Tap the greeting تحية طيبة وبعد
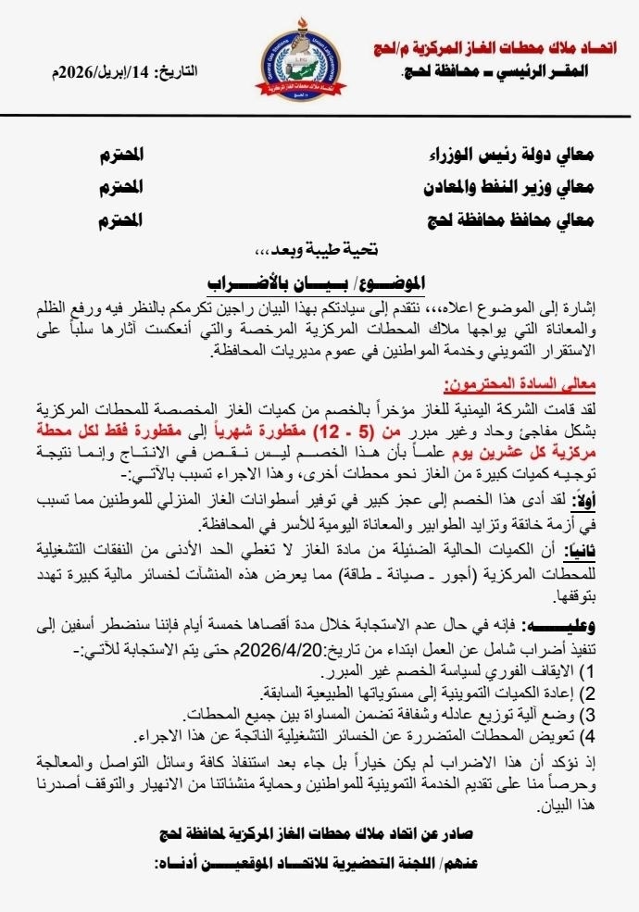point(319,249)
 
